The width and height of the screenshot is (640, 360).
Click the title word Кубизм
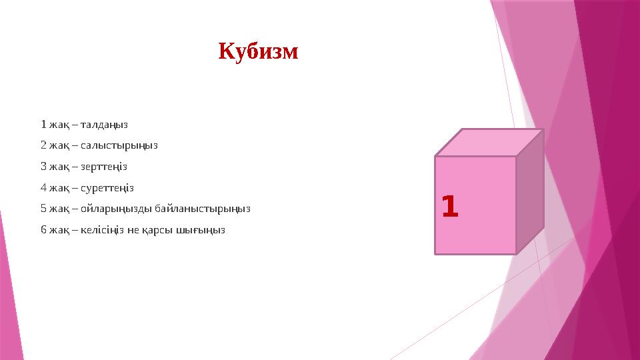[x=259, y=51]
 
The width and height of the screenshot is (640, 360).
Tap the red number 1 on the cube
[x=451, y=207]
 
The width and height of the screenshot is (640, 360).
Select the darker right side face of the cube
[x=530, y=191]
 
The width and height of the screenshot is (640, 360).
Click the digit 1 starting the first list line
[x=43, y=124]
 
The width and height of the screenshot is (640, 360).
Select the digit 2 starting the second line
[x=43, y=145]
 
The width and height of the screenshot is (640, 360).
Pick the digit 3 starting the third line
[x=43, y=166]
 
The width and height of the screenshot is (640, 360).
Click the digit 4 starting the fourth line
[x=43, y=187]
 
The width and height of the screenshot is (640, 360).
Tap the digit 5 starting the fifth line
[x=43, y=209]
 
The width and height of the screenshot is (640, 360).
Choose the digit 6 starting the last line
[x=43, y=230]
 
